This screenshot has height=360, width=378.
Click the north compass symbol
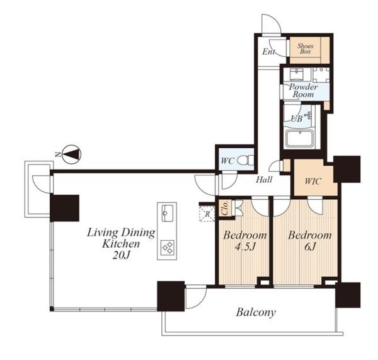click(x=72, y=154)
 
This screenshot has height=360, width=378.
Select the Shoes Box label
click(x=305, y=49)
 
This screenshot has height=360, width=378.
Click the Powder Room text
click(x=303, y=91)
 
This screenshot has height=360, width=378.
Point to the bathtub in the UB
click(x=300, y=139)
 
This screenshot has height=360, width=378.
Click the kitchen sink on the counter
click(x=168, y=213)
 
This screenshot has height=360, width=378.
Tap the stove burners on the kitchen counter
click(x=168, y=247)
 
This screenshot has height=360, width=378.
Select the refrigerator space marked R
click(x=207, y=214)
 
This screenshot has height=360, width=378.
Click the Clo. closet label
click(x=225, y=208)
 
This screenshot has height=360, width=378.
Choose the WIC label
click(x=312, y=181)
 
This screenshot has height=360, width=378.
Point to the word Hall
click(x=264, y=180)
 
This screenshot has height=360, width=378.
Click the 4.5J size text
click(x=244, y=247)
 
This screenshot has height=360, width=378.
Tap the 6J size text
click(x=310, y=247)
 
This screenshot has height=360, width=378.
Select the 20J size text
click(x=121, y=255)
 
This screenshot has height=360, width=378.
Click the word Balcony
click(x=256, y=313)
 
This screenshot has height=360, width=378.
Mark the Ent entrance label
click(x=268, y=52)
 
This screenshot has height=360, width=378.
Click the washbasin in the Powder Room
click(x=297, y=74)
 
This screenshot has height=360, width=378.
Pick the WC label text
click(x=227, y=161)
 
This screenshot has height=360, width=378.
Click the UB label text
click(x=296, y=119)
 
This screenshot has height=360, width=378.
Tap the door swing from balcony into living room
click(x=196, y=297)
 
